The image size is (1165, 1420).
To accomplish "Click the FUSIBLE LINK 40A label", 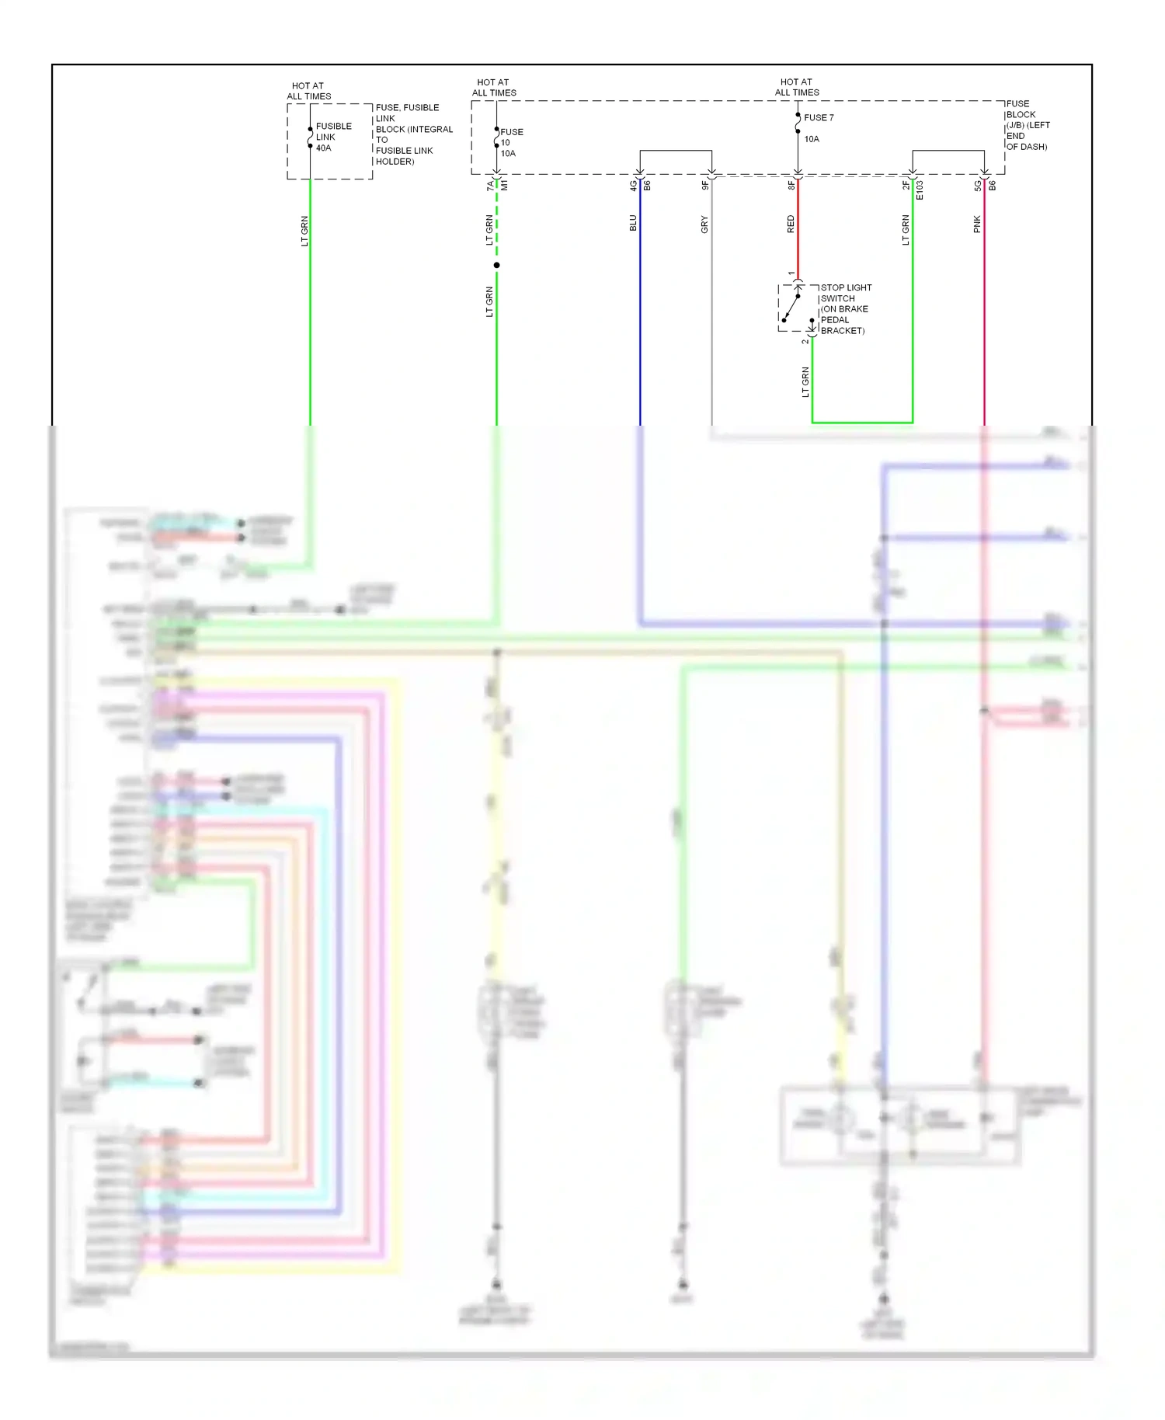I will coord(333,137).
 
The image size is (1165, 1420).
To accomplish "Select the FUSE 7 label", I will coord(819,117).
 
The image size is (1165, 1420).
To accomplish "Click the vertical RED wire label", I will coord(791,224).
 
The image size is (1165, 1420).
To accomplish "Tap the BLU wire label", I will coord(633,223).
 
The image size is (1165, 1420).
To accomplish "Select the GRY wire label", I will coord(704,224).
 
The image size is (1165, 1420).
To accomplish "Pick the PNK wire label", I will coord(977,224).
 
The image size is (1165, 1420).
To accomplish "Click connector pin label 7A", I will coord(490,186).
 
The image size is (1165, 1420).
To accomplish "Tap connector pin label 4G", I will coord(633,186).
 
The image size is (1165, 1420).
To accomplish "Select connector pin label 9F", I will coord(705,186).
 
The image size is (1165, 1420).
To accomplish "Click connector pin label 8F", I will coord(791,186).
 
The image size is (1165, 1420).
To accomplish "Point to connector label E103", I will coord(920,190).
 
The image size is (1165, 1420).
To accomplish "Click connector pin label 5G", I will coord(978,186).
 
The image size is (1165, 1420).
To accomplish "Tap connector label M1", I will coord(504,186).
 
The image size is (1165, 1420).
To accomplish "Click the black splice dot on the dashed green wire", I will coord(496,265).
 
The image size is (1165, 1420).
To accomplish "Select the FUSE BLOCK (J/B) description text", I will coord(1027,125).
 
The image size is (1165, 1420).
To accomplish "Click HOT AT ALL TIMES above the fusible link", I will coord(308,91).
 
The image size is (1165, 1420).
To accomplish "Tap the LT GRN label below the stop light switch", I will coord(805,381).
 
